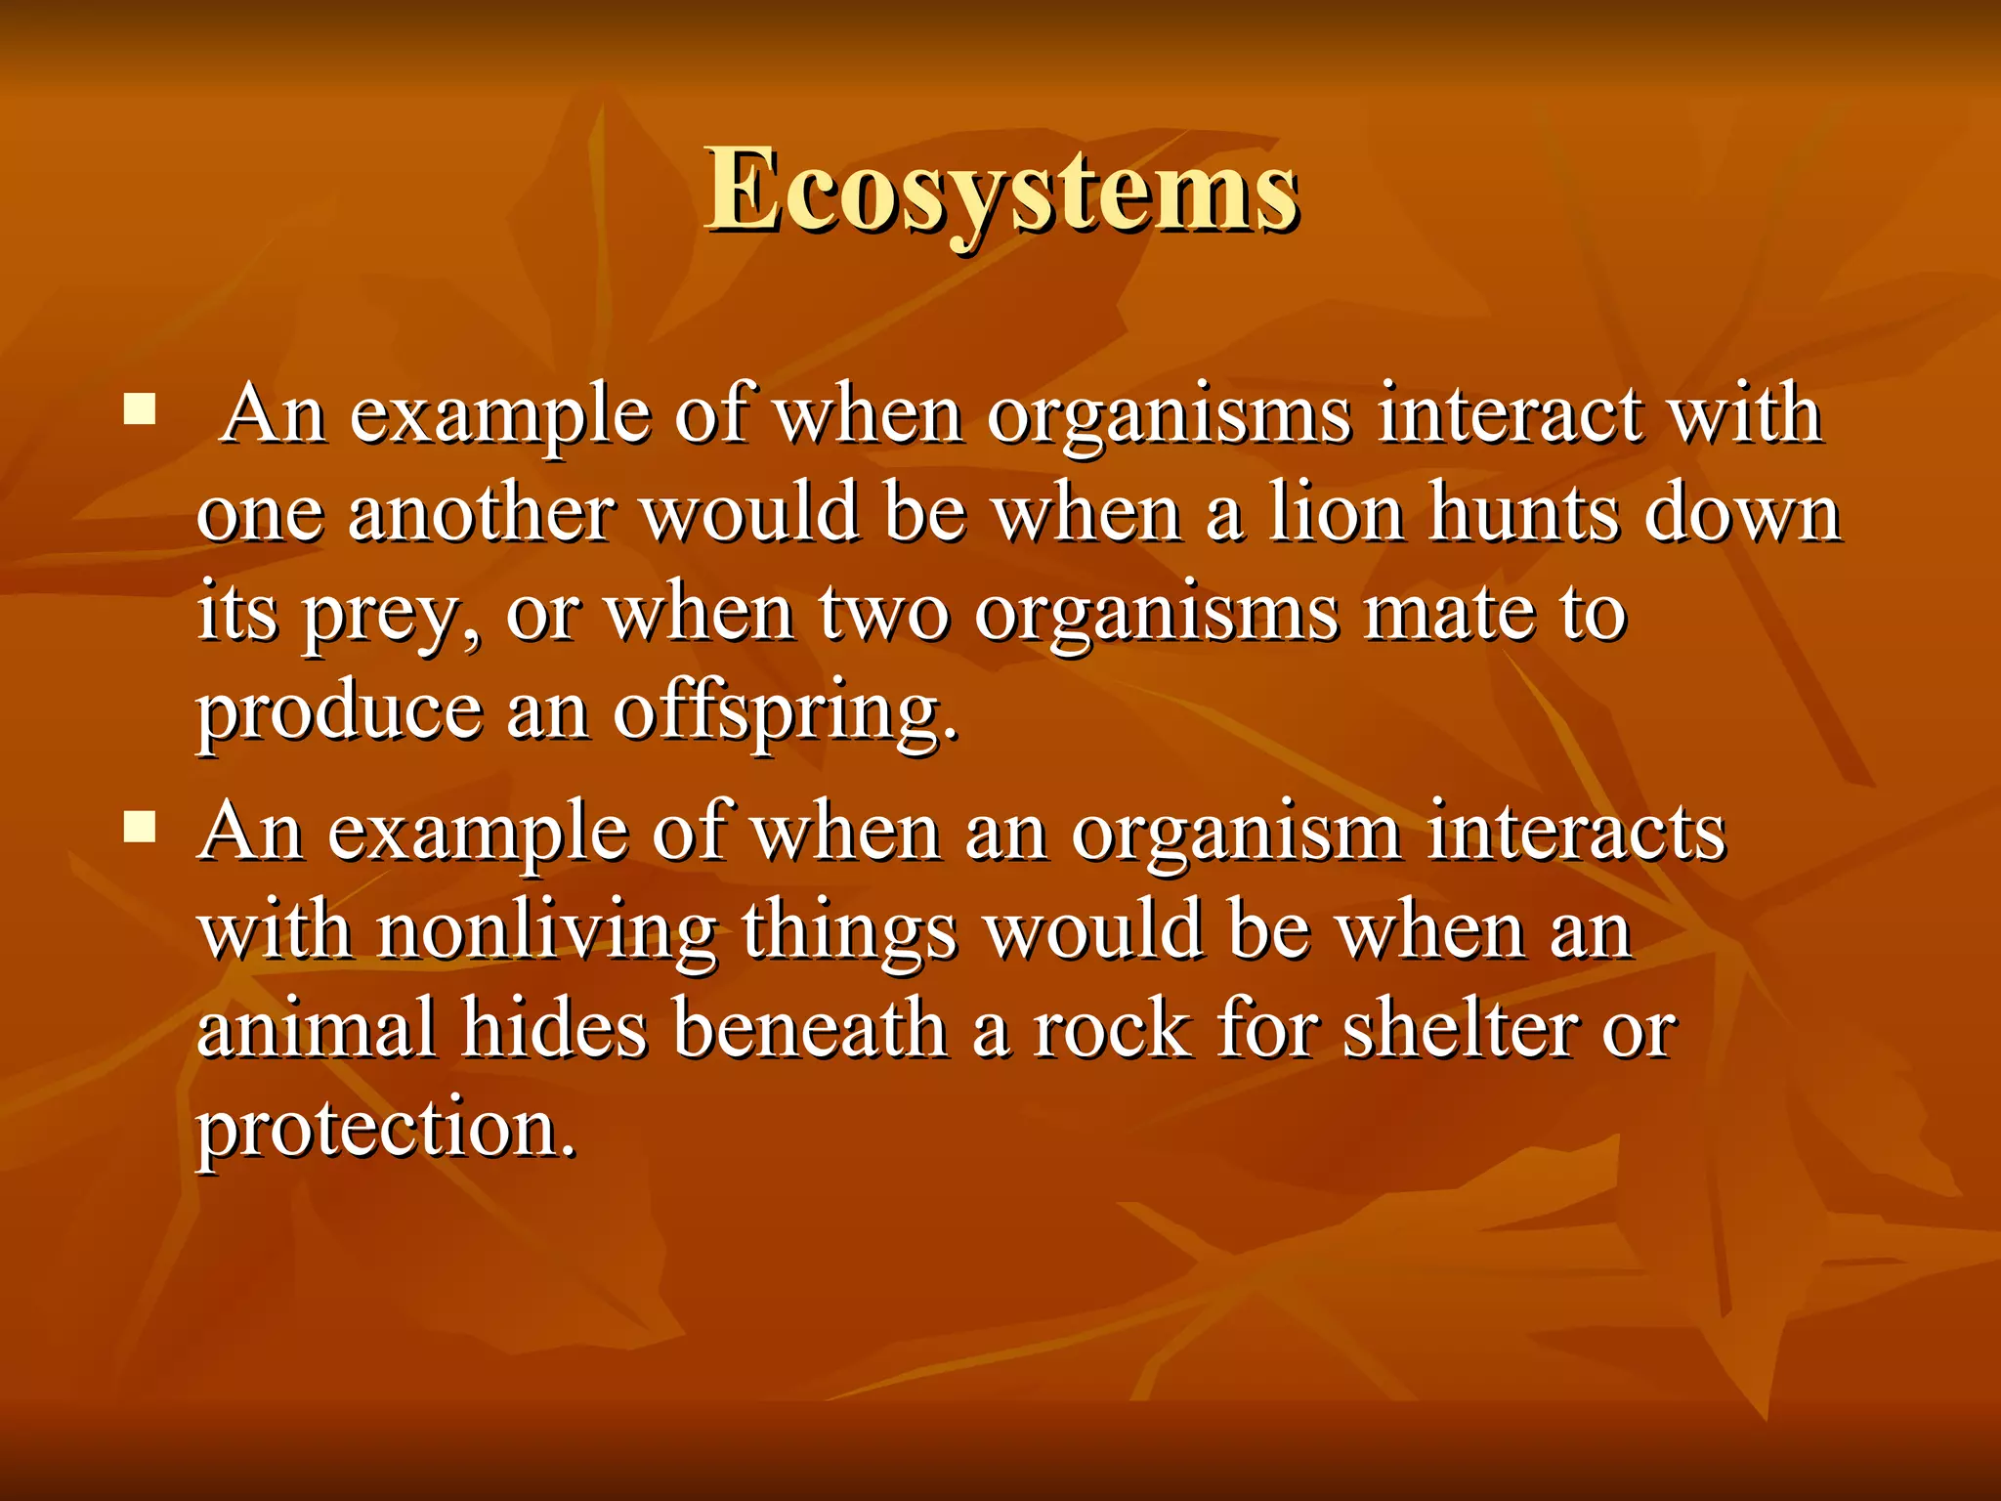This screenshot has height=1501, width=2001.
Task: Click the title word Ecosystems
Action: pos(1001,191)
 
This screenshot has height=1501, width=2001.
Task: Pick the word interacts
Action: pos(1575,833)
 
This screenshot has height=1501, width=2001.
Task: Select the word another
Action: pos(481,513)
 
